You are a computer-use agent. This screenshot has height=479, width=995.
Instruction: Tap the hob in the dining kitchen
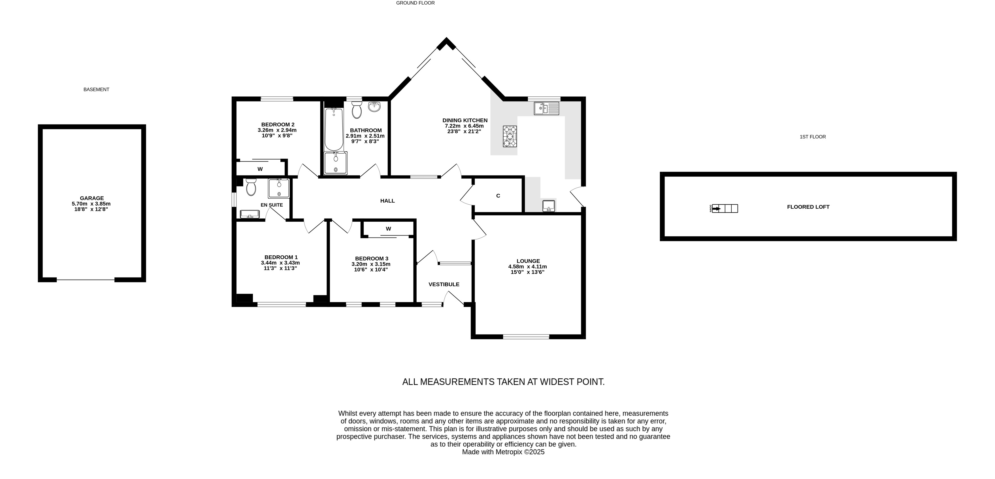tap(510, 136)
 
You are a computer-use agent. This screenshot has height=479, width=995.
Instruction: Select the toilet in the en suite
tap(251, 187)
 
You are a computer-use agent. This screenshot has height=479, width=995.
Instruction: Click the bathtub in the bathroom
tap(334, 130)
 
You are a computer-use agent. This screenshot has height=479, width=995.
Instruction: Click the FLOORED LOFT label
tap(808, 207)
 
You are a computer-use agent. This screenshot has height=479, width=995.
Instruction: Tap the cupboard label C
tap(498, 196)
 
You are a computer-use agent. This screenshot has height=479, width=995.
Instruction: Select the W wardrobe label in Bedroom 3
tap(389, 229)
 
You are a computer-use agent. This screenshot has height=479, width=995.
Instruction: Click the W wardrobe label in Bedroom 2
tap(260, 169)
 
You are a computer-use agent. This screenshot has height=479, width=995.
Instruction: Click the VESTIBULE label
tap(444, 284)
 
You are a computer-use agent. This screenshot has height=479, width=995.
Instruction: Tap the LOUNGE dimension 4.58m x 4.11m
tap(527, 266)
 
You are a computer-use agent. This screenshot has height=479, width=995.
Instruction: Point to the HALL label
tap(387, 201)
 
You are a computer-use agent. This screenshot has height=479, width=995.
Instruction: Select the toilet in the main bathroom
tap(357, 110)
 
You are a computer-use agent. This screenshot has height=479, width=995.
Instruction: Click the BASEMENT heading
tap(96, 89)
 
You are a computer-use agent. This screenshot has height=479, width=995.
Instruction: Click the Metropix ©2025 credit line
tap(503, 452)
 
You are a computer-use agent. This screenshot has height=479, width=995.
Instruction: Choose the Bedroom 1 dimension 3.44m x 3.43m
tap(280, 263)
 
